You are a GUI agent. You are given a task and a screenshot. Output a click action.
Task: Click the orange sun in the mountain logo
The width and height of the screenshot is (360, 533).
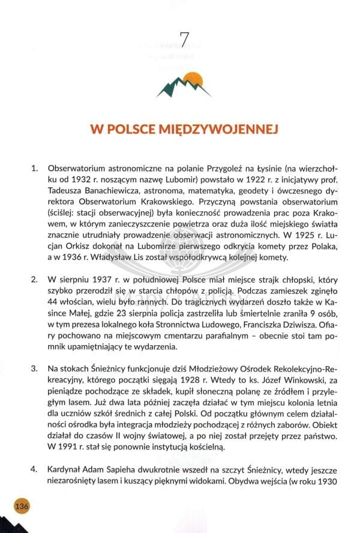coord(193,78)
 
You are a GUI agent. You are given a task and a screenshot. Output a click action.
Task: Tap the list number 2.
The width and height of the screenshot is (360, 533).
coord(34,280)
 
